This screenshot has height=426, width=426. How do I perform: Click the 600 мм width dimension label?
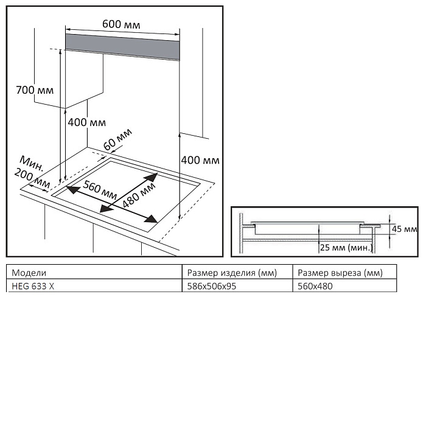pyautogui.click(x=121, y=24)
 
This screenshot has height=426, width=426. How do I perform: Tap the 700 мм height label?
pyautogui.click(x=35, y=91)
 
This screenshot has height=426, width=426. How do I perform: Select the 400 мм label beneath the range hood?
pyautogui.click(x=86, y=122)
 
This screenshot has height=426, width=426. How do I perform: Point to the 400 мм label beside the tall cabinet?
pyautogui.click(x=200, y=161)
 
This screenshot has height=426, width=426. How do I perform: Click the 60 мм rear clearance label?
pyautogui.click(x=117, y=142)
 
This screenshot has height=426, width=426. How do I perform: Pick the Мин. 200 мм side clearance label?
pyautogui.click(x=33, y=172)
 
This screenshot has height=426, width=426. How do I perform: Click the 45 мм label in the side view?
pyautogui.click(x=404, y=229)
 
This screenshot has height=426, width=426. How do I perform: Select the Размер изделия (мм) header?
pyautogui.click(x=225, y=273)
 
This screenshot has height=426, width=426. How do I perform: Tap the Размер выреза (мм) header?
pyautogui.click(x=337, y=273)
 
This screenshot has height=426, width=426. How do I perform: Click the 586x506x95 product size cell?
pyautogui.click(x=211, y=286)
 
